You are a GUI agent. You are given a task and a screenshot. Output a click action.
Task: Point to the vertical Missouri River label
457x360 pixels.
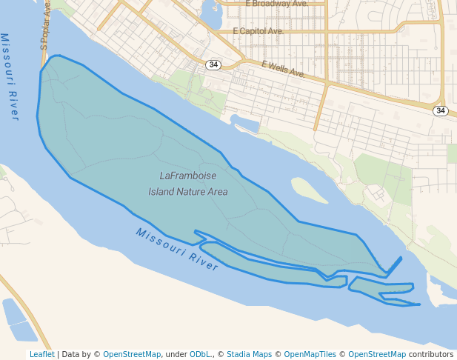(x=10, y=76)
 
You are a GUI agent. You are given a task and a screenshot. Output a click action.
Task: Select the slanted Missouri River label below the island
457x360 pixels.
(x=177, y=249)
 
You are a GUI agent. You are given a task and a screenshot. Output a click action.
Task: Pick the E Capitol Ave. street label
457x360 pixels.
(x=258, y=32)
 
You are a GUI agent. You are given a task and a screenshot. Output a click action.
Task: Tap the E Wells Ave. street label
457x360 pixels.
(x=284, y=70)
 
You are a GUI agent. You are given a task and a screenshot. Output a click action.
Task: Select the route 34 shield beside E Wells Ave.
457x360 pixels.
(x=213, y=64)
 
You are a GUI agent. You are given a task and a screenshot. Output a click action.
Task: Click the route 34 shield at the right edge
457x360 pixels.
(x=441, y=110)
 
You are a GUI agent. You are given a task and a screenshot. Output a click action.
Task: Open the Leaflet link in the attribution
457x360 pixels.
(x=41, y=354)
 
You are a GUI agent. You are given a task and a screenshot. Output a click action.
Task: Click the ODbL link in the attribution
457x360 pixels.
(x=199, y=354)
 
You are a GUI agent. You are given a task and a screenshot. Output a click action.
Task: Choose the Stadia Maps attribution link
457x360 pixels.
(x=250, y=354)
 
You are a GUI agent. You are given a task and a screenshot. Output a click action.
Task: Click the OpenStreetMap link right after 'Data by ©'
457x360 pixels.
(x=132, y=354)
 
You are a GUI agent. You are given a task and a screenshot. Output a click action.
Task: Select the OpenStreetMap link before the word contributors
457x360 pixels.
(x=377, y=354)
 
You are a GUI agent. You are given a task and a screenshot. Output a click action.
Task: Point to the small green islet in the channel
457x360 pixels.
(x=309, y=190)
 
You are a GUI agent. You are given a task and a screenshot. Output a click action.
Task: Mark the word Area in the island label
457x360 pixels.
(x=218, y=192)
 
